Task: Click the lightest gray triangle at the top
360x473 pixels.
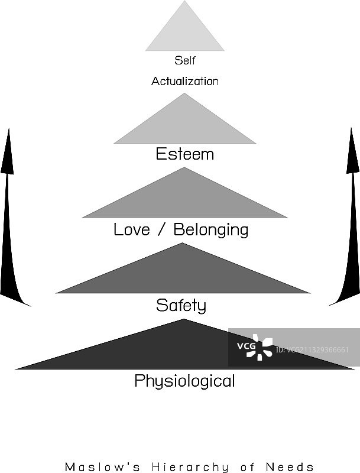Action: click(184, 33)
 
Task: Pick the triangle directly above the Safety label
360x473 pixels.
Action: click(183, 275)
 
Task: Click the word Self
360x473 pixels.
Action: click(184, 60)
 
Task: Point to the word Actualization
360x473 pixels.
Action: click(184, 81)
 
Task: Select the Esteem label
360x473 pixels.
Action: click(184, 154)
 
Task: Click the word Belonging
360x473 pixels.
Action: click(210, 230)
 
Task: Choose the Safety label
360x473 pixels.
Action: click(181, 306)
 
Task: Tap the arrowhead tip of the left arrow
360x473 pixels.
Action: click(8, 130)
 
